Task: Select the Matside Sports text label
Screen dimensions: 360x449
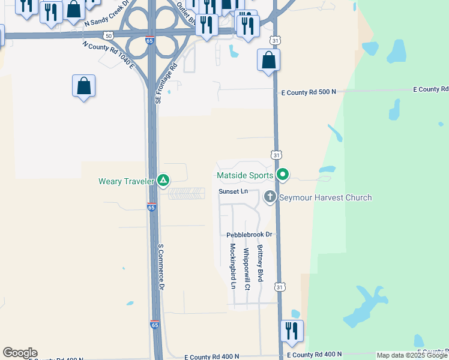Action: coord(245,176)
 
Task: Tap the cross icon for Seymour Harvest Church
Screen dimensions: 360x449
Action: coord(270,197)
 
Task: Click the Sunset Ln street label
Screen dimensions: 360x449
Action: coord(233,191)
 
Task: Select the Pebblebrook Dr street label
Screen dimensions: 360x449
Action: coord(250,235)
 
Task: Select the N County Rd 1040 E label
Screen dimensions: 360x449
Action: coord(109,55)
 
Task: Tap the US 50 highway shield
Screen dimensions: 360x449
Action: coord(108,36)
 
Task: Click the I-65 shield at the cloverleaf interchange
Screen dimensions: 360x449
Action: coord(149,40)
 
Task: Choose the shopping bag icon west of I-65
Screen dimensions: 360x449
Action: coord(84,86)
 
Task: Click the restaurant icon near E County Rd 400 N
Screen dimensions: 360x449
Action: coord(292,331)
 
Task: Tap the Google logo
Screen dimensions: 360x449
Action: coord(20,353)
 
